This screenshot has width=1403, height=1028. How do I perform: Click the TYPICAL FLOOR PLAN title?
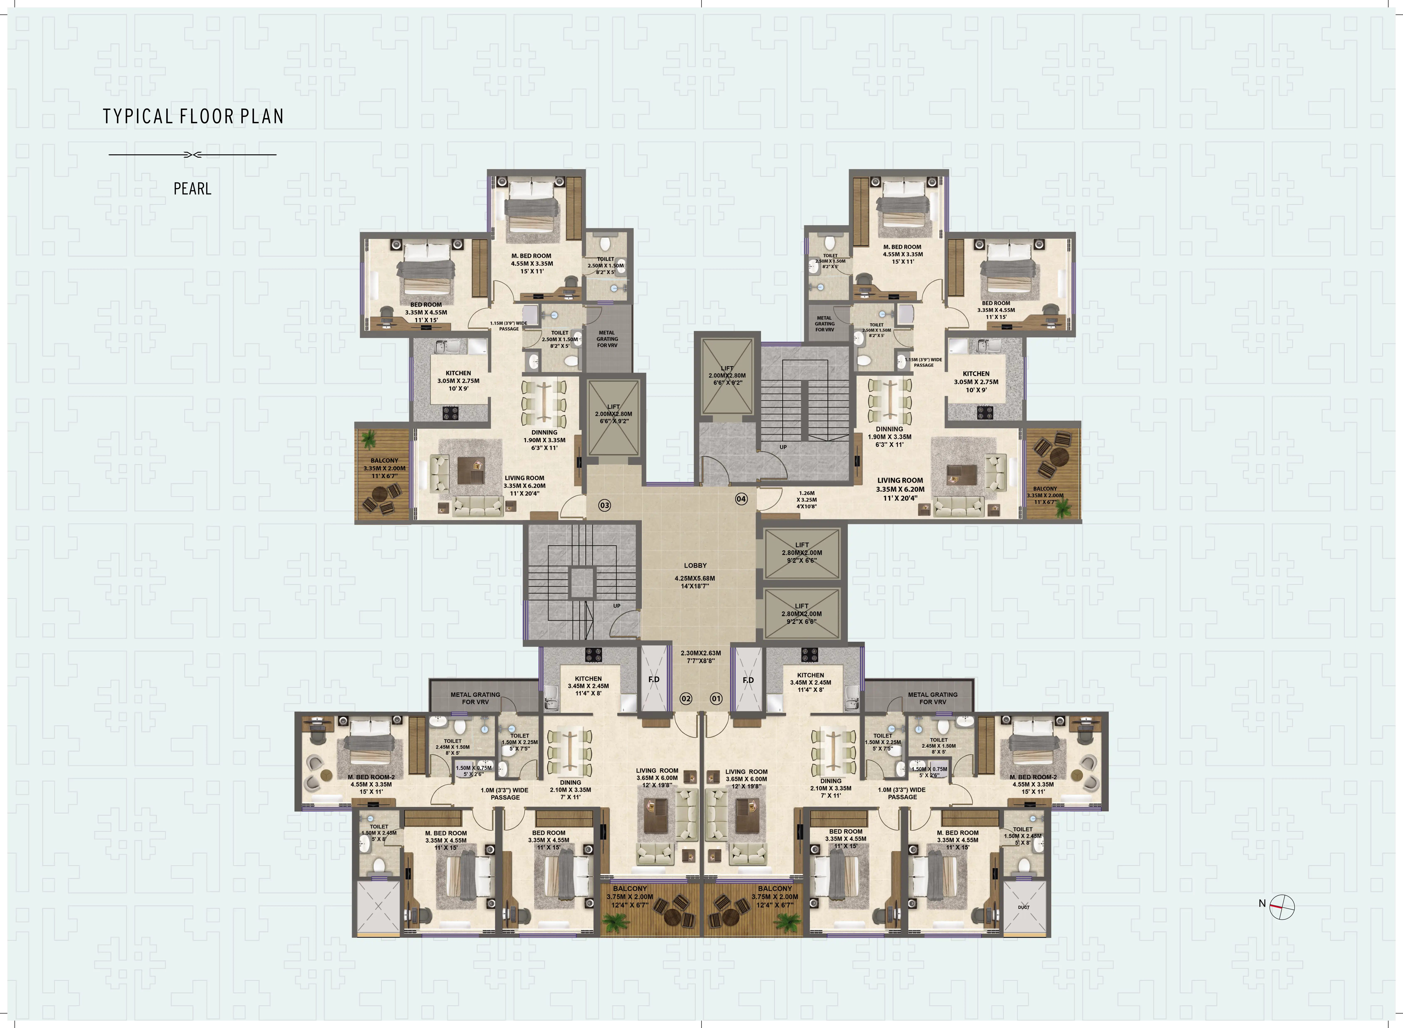193,116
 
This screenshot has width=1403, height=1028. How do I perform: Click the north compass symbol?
1282,906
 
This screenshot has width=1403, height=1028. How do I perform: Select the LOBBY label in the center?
695,566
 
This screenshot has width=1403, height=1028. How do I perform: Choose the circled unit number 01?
716,699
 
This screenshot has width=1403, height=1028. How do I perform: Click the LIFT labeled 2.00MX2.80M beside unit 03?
613,414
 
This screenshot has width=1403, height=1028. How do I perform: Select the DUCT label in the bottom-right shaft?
1023,907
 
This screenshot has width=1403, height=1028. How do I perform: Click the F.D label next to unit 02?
654,680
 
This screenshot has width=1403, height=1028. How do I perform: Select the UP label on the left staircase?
616,606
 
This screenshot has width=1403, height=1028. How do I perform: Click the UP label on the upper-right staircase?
783,447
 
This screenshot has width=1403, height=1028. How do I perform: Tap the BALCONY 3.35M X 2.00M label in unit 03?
384,468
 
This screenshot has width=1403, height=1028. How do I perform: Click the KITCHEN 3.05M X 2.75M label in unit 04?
975,381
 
